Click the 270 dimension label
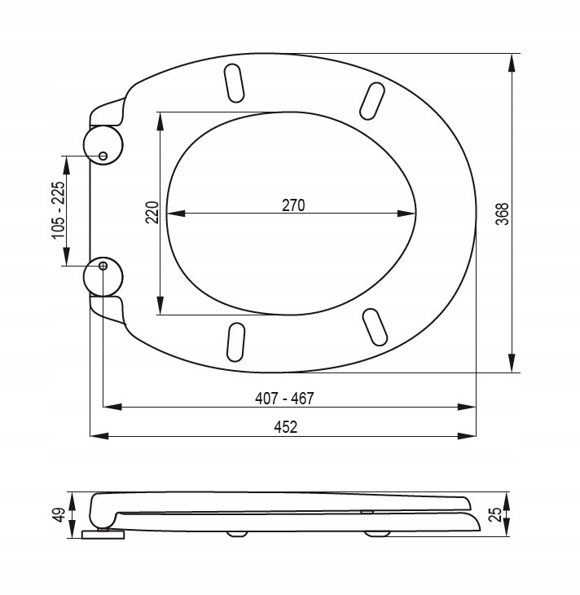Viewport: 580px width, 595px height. tap(293, 205)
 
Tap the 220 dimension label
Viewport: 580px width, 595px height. tap(152, 213)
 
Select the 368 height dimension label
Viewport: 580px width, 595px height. tap(502, 214)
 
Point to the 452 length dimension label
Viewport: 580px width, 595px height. tap(286, 427)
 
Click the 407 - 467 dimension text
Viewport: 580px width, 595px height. tap(284, 399)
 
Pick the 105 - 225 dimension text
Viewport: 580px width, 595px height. tap(59, 210)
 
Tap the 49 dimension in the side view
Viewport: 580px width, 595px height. tap(60, 515)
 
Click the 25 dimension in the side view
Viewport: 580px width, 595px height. tap(495, 514)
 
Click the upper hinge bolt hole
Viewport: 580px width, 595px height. tap(103, 156)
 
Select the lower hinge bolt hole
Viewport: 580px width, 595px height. tap(103, 266)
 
